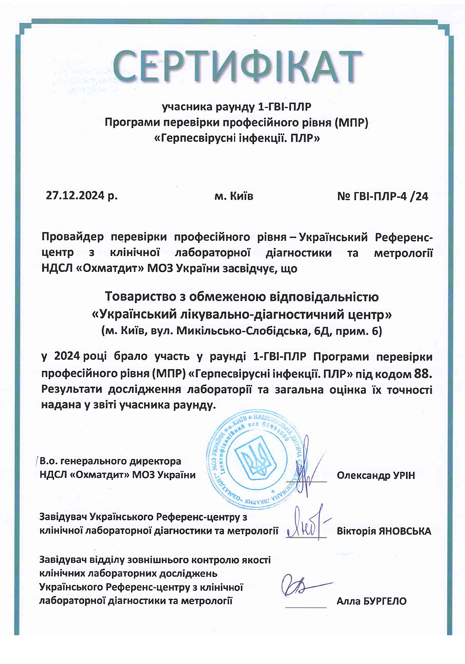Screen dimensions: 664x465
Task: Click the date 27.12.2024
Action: click(x=78, y=196)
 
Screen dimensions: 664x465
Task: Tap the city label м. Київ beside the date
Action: click(x=233, y=196)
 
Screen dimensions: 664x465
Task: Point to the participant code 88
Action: click(x=412, y=373)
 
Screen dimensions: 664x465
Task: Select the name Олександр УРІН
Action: click(x=375, y=475)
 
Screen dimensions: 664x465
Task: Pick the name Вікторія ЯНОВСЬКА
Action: click(x=384, y=531)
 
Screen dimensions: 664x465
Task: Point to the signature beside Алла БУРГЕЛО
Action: click(x=302, y=588)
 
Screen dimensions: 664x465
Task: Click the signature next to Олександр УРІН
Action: click(x=302, y=471)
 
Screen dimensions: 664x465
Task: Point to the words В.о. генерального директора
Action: click(x=110, y=460)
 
